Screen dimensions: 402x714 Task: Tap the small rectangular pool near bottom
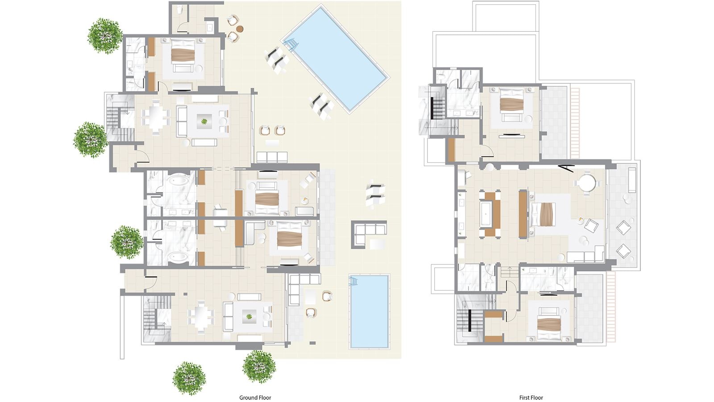369,311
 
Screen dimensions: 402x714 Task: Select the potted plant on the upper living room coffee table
204,121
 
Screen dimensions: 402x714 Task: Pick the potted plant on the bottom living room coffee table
249,317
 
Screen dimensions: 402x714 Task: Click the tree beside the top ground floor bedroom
105,35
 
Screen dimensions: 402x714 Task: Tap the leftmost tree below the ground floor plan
189,377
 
